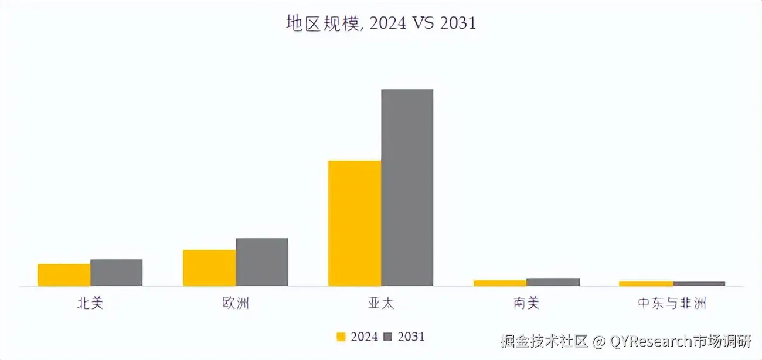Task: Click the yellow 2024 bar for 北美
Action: pos(64,274)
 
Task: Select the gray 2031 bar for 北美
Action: pos(116,272)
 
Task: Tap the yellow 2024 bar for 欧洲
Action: pos(209,267)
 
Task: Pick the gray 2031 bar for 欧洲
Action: pos(261,261)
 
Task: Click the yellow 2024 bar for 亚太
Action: pos(355,223)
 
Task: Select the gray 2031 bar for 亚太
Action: pos(407,187)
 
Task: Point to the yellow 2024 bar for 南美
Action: pos(500,283)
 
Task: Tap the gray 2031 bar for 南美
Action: pos(553,281)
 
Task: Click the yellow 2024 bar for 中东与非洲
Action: pos(645,283)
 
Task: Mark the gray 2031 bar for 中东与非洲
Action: pos(699,283)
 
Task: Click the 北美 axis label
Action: pos(90,303)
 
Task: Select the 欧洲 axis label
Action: pos(235,303)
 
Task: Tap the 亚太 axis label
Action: pos(380,303)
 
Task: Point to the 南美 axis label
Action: pos(526,303)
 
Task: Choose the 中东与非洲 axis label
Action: pos(672,303)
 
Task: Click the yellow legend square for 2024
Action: pos(341,337)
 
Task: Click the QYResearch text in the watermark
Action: pos(651,341)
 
